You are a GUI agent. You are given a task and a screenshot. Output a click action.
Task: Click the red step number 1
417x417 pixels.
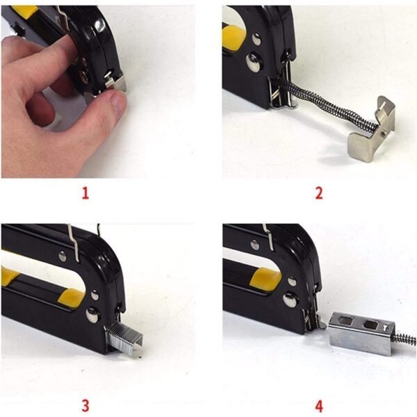[85, 193]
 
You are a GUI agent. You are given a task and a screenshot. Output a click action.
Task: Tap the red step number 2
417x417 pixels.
[319, 193]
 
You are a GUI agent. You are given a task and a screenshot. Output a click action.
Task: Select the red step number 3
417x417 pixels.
[85, 405]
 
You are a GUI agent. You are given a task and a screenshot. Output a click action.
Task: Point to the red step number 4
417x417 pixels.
[319, 405]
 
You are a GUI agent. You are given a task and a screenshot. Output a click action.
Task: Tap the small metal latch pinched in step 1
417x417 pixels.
[115, 83]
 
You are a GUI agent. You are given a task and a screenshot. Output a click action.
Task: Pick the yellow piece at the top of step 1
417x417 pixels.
[24, 11]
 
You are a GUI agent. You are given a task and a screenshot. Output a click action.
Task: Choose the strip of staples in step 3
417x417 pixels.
[124, 337]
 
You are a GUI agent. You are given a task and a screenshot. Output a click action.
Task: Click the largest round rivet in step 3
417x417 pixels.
[92, 315]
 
